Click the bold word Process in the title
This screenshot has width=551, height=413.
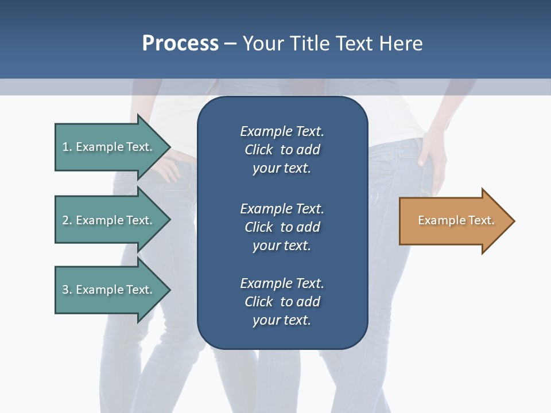pyautogui.click(x=180, y=44)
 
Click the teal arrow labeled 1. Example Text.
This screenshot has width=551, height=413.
pyautogui.click(x=108, y=147)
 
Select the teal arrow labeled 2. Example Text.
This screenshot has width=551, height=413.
pyautogui.click(x=108, y=220)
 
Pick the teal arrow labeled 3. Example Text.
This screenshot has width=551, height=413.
pyautogui.click(x=108, y=290)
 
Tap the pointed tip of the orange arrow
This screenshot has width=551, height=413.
pyautogui.click(x=513, y=221)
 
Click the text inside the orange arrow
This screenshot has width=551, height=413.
pyautogui.click(x=456, y=220)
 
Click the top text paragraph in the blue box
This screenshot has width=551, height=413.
pyautogui.click(x=282, y=150)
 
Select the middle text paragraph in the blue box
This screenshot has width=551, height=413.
pyautogui.click(x=282, y=227)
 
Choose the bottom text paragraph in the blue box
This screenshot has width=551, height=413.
pyautogui.click(x=282, y=302)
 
